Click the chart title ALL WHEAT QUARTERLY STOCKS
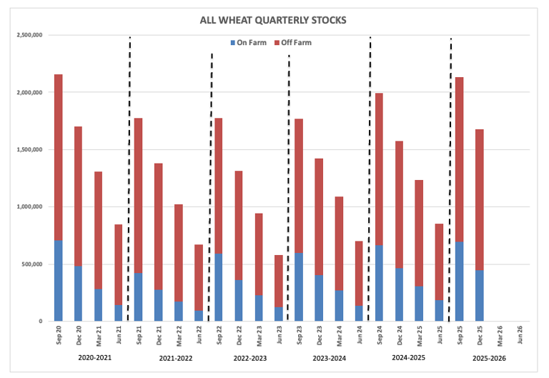[273, 20]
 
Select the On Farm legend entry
[246, 43]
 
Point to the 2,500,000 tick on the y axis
[27, 35]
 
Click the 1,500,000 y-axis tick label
[27, 150]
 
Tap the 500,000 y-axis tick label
[30, 264]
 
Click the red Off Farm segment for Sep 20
[59, 157]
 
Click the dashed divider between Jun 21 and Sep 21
[129, 179]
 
